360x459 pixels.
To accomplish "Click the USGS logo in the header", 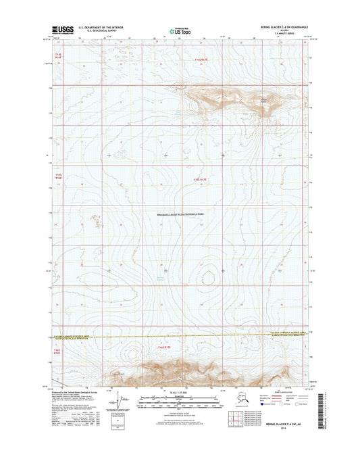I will (61, 29).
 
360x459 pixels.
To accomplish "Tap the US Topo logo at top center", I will (180, 30).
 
